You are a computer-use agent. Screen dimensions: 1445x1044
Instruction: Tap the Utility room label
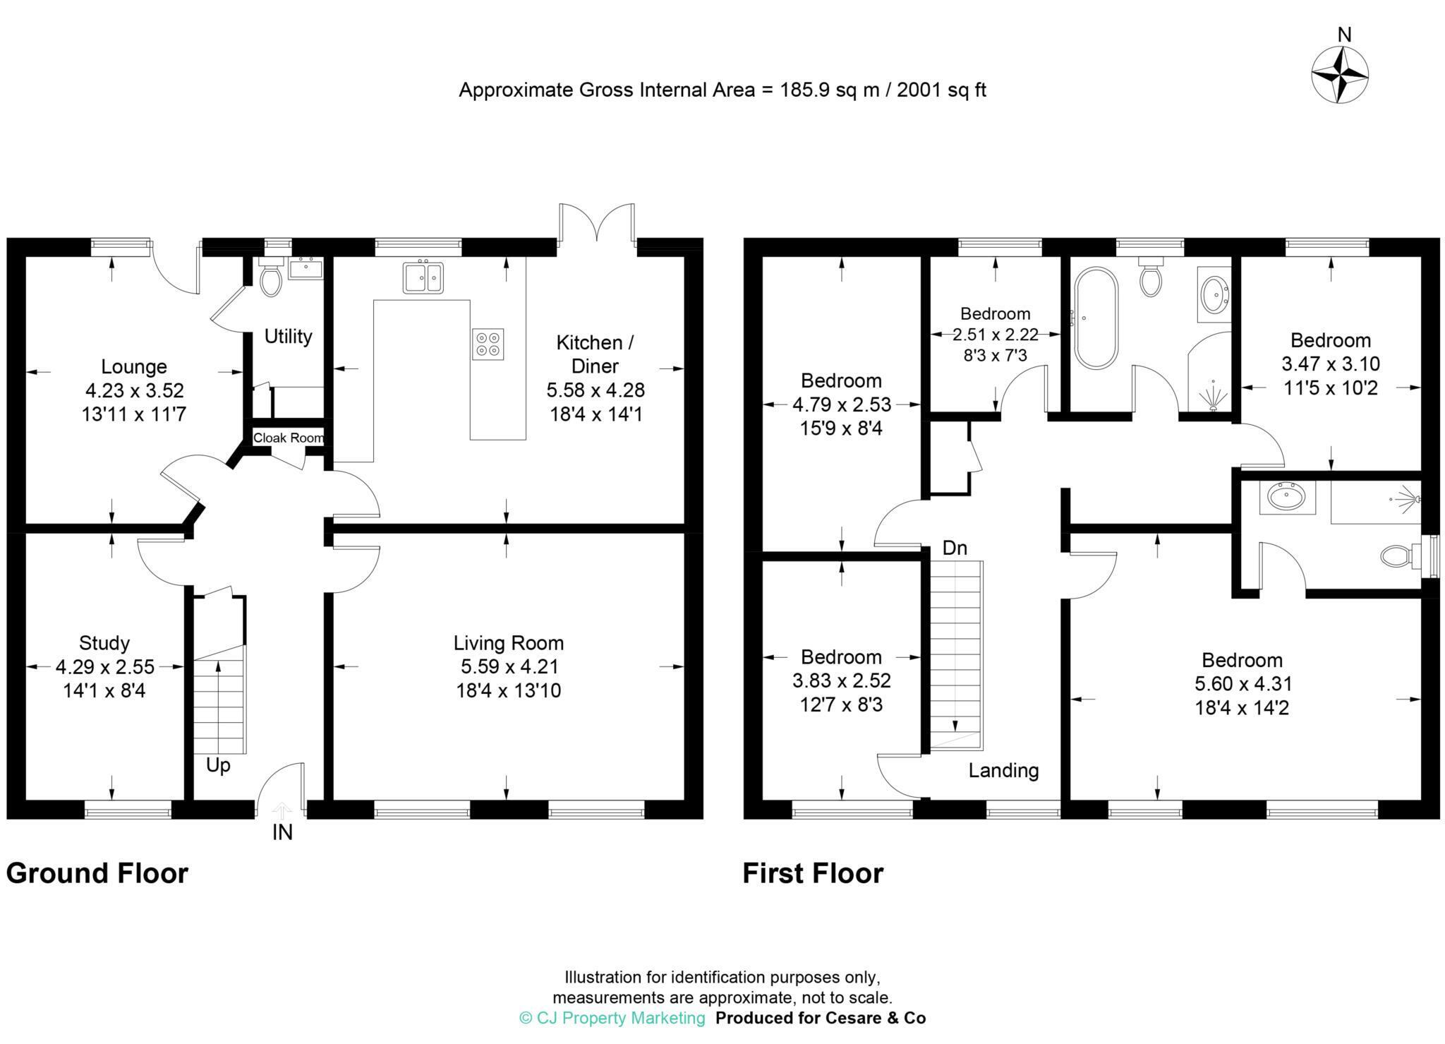pos(288,337)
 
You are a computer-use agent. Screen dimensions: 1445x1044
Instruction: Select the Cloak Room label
pos(289,438)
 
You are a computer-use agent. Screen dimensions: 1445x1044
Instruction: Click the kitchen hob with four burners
pos(488,344)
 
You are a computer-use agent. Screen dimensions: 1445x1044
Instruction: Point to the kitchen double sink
pos(423,277)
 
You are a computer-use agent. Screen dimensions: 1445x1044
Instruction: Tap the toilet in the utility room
pos(271,277)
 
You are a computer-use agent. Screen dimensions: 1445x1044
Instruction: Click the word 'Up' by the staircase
pos(218,765)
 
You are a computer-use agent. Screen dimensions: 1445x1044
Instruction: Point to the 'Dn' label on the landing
pos(955,548)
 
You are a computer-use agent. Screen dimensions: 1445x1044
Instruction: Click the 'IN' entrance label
pos(282,833)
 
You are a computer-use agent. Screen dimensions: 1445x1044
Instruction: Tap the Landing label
pos(1003,770)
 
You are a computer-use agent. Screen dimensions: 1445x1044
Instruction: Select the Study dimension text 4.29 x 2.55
pos(104,666)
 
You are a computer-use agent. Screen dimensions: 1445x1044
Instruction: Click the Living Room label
pos(508,643)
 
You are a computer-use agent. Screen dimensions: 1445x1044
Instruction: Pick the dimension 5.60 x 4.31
pos(1243,683)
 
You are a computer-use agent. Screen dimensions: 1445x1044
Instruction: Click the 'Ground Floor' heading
pos(97,873)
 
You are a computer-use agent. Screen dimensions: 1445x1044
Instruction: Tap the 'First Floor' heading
pos(813,873)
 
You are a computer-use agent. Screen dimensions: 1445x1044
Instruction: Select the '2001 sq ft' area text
pos(941,90)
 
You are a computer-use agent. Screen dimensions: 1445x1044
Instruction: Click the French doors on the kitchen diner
pos(597,224)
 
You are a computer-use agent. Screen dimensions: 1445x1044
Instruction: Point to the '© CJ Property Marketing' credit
pos(612,1018)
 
